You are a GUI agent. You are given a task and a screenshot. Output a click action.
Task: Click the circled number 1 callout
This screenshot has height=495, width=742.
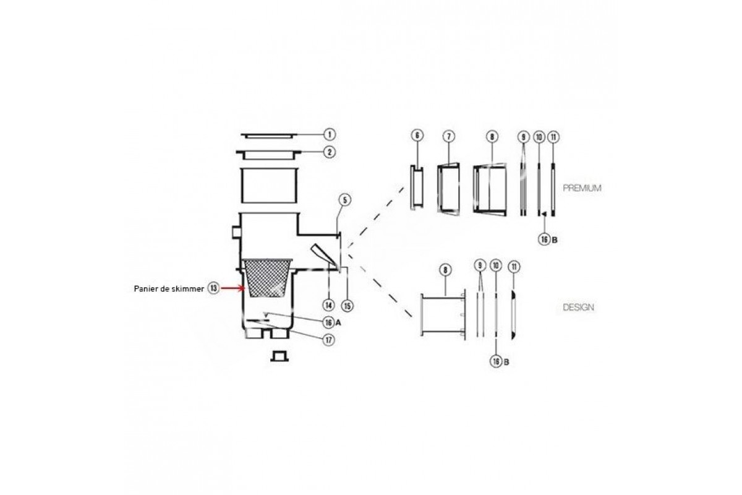[329, 134]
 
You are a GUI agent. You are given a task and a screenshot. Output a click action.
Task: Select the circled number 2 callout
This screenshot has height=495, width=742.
[329, 152]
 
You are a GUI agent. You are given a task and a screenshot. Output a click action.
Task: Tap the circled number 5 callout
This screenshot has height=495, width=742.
[345, 200]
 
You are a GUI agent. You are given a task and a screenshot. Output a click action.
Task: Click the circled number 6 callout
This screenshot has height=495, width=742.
[417, 136]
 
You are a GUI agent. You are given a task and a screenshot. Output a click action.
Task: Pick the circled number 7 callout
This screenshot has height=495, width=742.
[448, 136]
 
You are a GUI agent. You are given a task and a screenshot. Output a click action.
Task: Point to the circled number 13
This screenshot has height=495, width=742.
[214, 288]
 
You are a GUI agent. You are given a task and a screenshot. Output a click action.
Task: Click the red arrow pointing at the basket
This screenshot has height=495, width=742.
[233, 288]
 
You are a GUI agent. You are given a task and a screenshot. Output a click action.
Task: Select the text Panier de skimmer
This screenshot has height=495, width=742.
[169, 289]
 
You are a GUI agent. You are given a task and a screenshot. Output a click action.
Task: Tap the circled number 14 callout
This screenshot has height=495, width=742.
[328, 305]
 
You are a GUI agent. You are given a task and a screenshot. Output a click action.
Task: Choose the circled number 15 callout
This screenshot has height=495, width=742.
[347, 306]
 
